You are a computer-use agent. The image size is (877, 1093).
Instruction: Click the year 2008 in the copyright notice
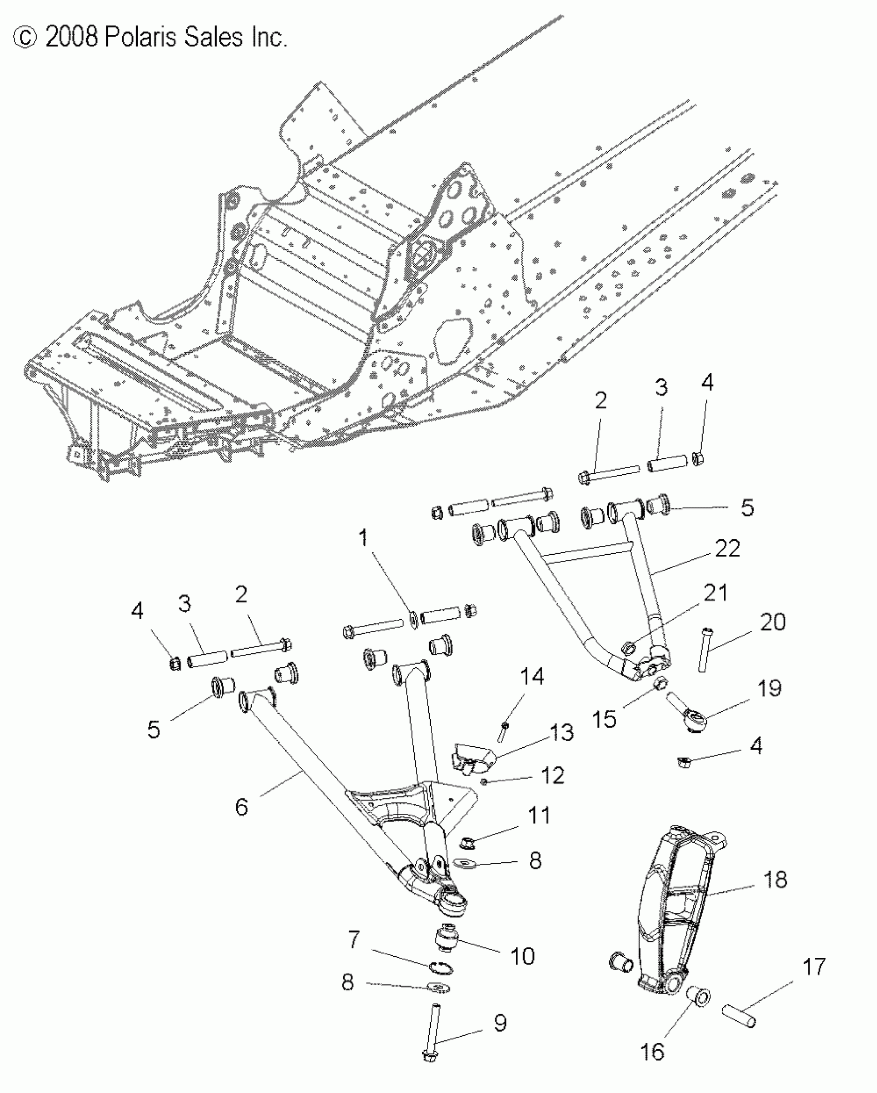point(71,38)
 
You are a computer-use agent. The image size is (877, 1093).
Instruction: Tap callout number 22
point(727,549)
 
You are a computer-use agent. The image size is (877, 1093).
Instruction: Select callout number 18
point(774,879)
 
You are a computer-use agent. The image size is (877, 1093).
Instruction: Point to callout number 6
point(241,807)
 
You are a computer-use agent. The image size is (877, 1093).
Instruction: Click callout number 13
point(561,732)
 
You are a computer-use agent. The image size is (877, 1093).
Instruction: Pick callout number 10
point(523,956)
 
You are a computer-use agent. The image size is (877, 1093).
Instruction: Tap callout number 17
point(815,967)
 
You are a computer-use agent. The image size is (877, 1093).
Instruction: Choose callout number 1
point(364,538)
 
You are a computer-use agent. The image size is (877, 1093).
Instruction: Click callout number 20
point(772,622)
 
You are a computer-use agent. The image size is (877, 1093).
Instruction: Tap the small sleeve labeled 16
point(699,997)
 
